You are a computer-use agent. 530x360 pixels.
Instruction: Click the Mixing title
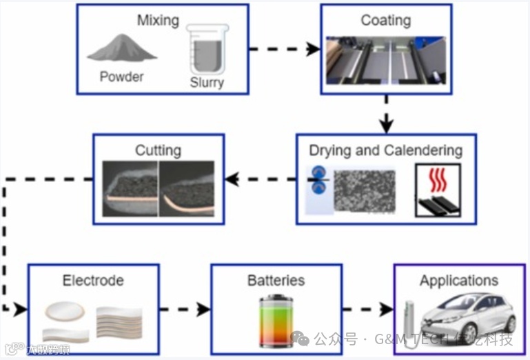point(158,19)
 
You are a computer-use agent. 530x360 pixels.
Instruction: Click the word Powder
point(121,77)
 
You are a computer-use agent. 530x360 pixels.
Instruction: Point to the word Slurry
point(207,83)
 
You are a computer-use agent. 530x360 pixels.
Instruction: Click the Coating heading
point(386,19)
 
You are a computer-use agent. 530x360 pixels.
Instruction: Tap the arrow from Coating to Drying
point(386,114)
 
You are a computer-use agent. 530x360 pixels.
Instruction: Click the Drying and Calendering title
point(385,150)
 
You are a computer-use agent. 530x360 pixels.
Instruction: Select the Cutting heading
point(158,150)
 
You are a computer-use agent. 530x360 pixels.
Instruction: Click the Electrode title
point(93,280)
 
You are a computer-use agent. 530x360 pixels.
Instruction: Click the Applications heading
point(458,280)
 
